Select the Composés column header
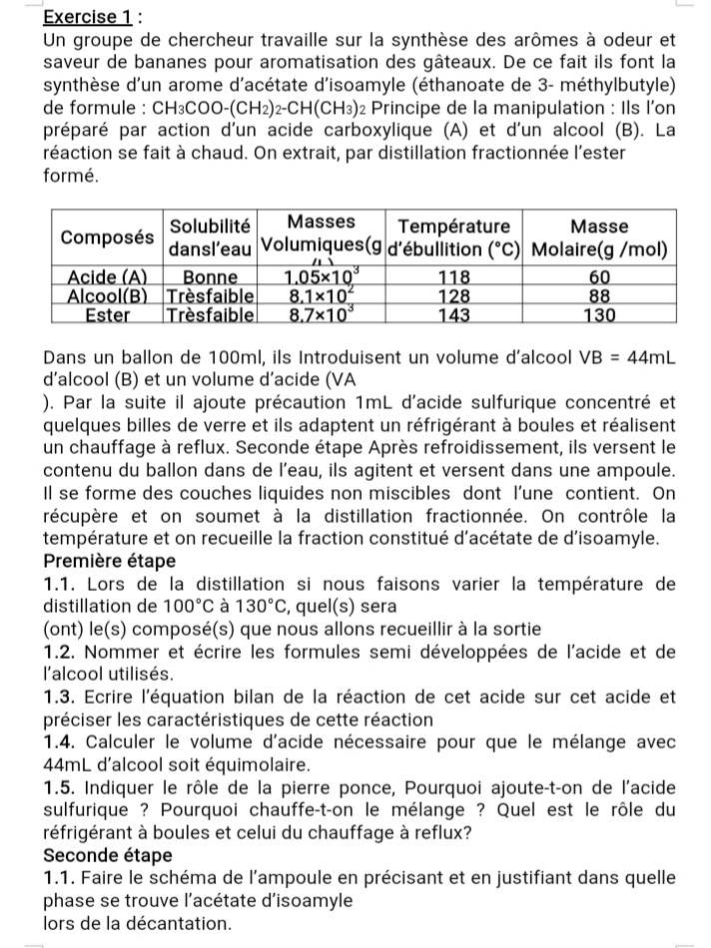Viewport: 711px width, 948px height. [x=108, y=237]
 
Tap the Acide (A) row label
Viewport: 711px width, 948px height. [x=108, y=276]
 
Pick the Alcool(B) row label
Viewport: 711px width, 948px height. [x=108, y=295]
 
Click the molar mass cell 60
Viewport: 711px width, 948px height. [x=599, y=276]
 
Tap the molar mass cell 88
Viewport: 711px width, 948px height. [x=599, y=295]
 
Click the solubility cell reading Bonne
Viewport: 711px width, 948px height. [x=210, y=276]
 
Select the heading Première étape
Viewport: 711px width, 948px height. [x=110, y=561]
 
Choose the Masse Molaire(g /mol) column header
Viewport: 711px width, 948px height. [x=599, y=237]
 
